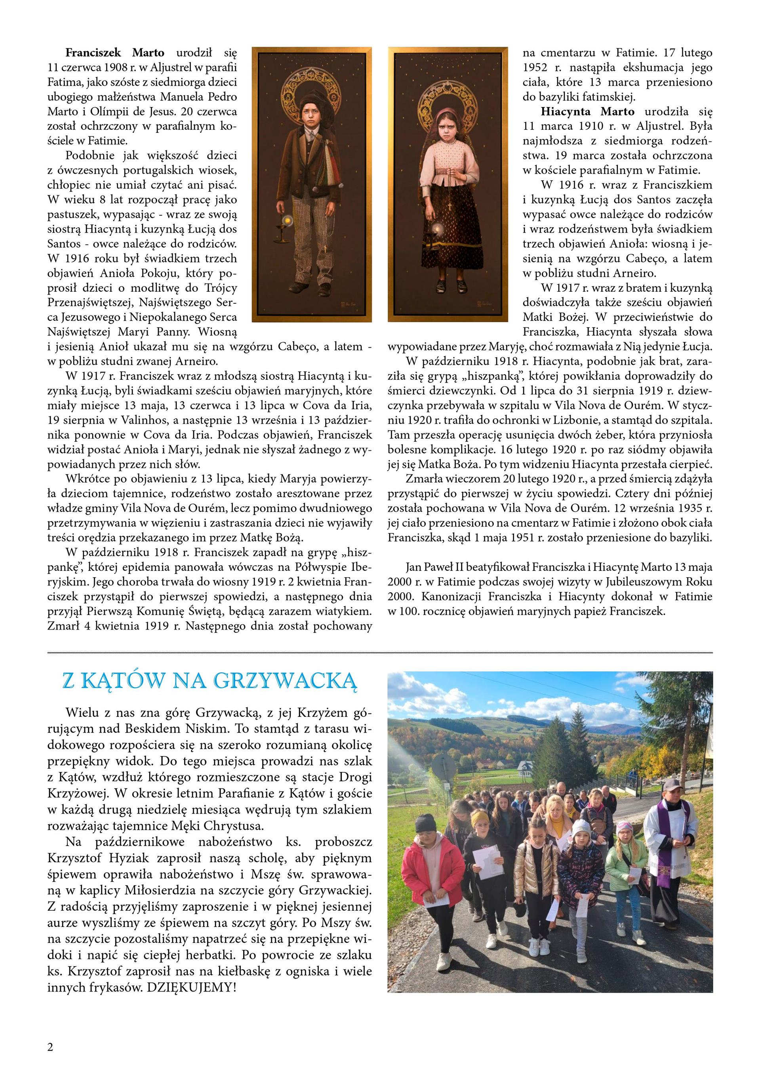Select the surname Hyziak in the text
coord(128,858)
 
